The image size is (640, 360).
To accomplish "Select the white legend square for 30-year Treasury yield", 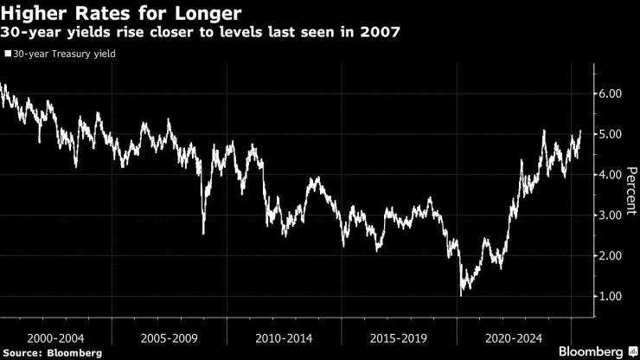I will (x=8, y=54).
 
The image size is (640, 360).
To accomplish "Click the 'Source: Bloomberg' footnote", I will (x=52, y=353).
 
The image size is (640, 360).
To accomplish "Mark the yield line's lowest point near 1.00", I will (x=461, y=295).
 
